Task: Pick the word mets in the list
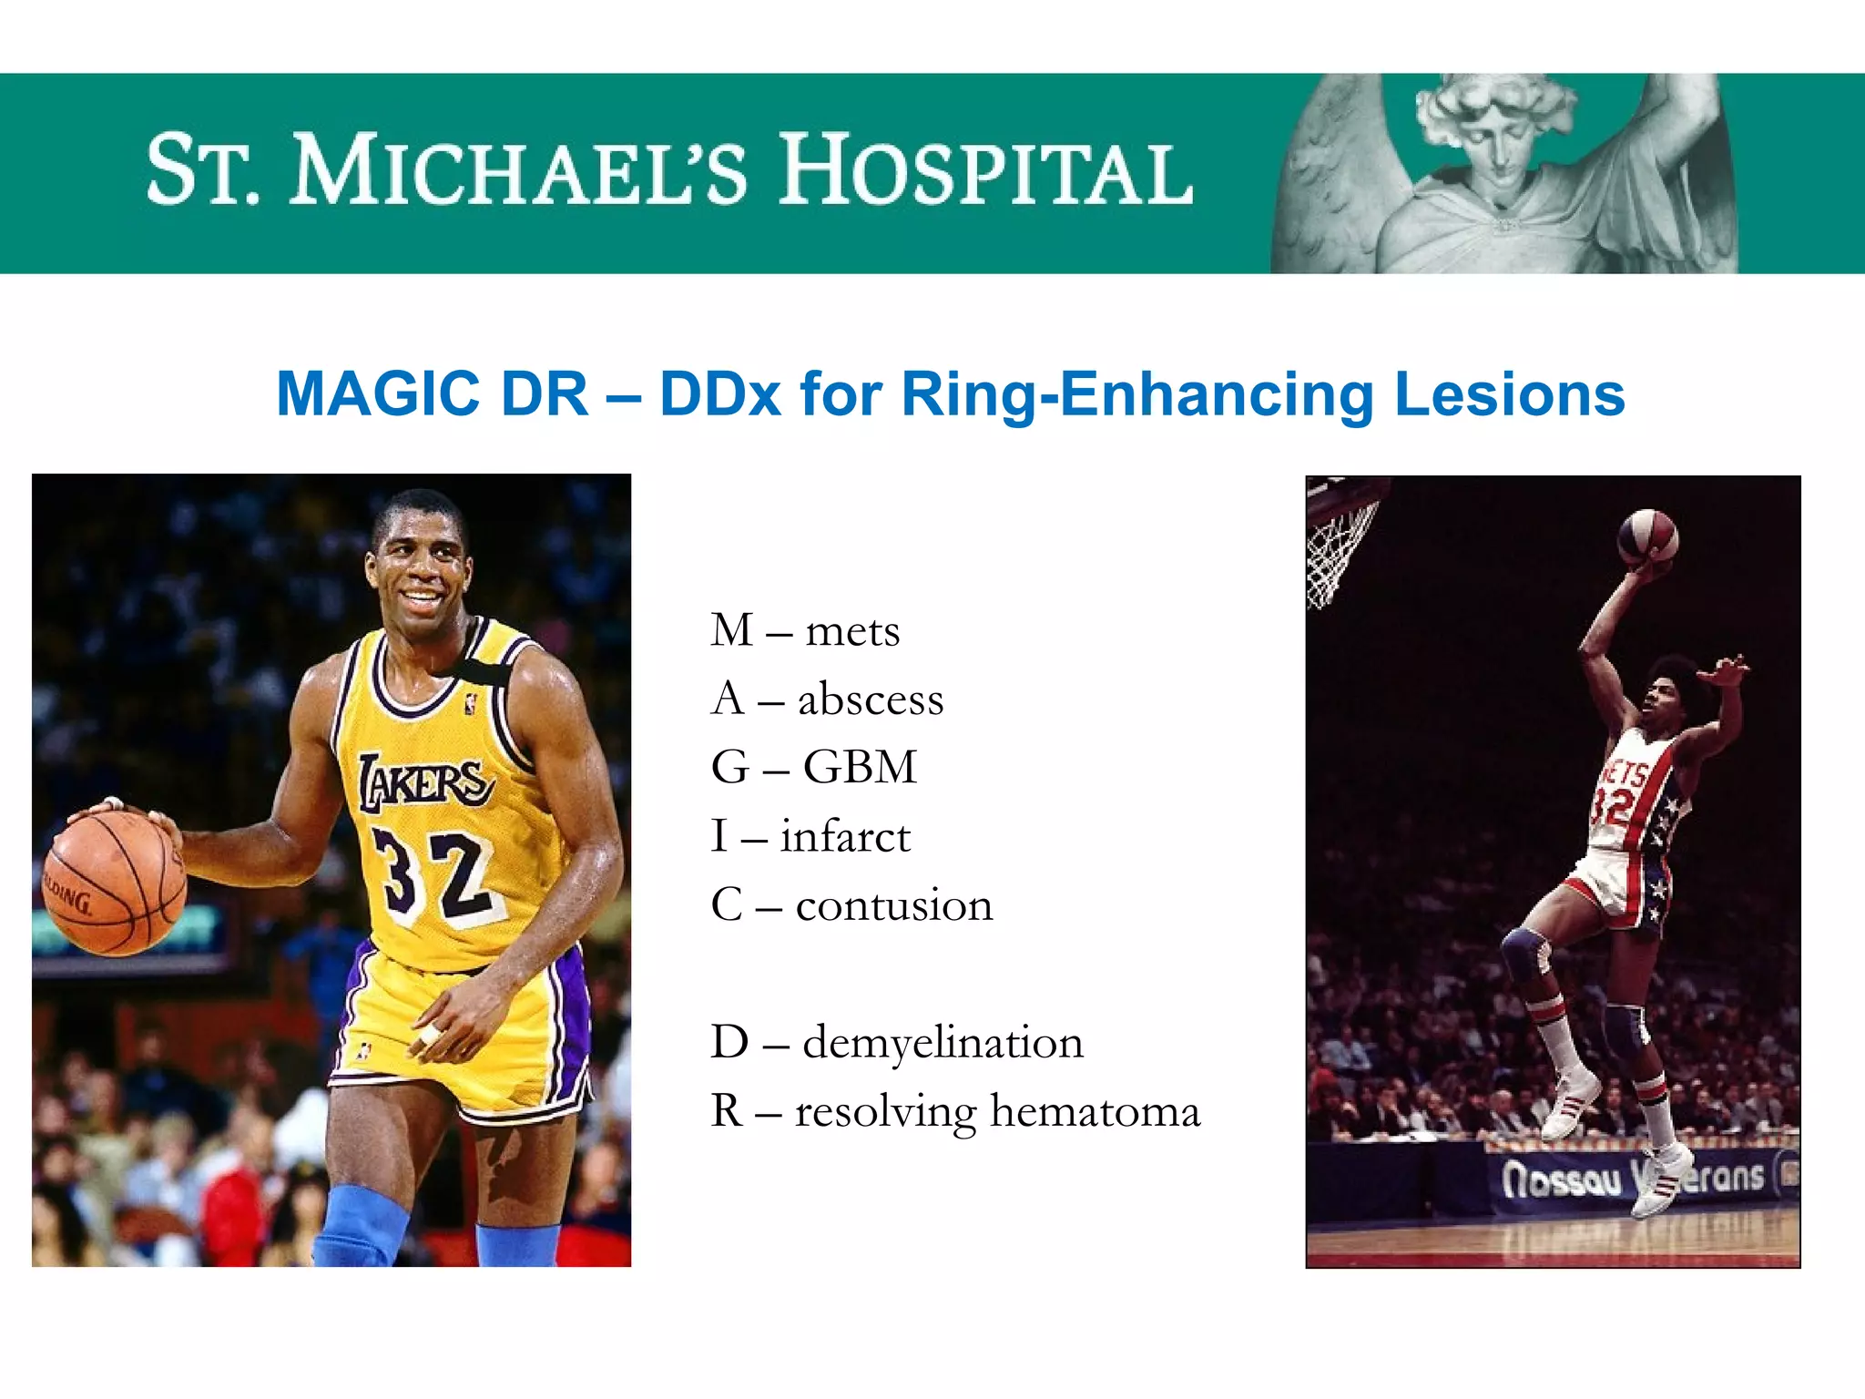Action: (x=852, y=631)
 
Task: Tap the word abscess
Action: (x=871, y=699)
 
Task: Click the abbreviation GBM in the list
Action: (x=860, y=767)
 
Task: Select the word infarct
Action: (x=845, y=836)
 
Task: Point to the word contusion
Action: (x=894, y=905)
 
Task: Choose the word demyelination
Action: (x=943, y=1042)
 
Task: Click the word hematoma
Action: (x=1096, y=1111)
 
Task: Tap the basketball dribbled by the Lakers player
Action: (x=114, y=883)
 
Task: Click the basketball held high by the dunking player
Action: (x=1647, y=538)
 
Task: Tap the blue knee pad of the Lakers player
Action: (x=360, y=1225)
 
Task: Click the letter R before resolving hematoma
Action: (x=727, y=1111)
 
